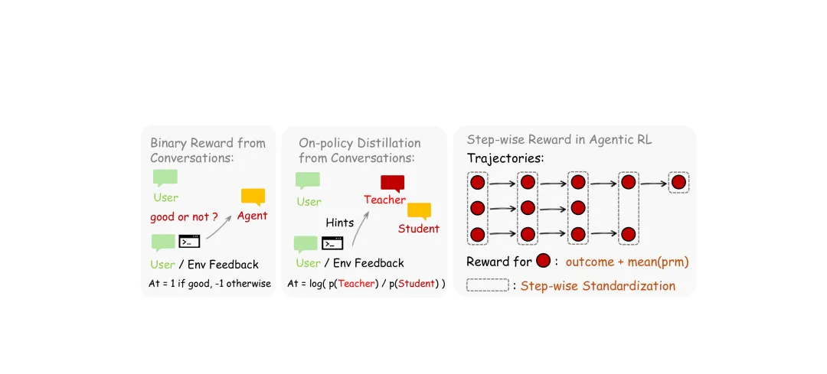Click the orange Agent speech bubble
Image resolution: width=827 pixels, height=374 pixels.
(x=253, y=197)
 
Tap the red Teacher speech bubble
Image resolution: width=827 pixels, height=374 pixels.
(x=392, y=183)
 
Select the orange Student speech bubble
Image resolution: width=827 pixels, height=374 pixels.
(x=419, y=210)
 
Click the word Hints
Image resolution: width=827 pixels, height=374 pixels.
(x=339, y=223)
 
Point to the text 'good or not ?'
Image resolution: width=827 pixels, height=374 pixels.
(x=184, y=216)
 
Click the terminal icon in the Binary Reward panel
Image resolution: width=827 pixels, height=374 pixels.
(x=189, y=242)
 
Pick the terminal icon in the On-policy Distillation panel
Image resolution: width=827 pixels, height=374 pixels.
(x=332, y=243)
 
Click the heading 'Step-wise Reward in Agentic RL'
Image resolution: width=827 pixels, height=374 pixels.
(x=559, y=140)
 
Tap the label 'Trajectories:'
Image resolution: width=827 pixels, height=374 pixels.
(x=505, y=159)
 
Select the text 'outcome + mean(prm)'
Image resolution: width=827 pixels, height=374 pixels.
(x=627, y=262)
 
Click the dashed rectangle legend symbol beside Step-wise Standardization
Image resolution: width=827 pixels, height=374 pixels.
(x=487, y=285)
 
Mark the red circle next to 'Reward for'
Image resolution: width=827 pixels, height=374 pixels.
(x=544, y=262)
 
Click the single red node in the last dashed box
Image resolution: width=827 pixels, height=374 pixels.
(x=678, y=183)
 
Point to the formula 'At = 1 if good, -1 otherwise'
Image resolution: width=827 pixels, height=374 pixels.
(x=210, y=284)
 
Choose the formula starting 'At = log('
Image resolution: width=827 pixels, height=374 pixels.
(x=366, y=284)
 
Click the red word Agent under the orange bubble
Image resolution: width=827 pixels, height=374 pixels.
(x=252, y=216)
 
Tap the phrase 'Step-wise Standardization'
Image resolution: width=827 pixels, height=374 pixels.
(x=597, y=286)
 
